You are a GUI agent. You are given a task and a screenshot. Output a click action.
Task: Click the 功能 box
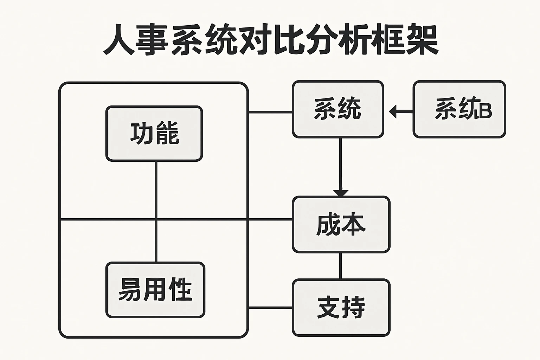pos(154,134)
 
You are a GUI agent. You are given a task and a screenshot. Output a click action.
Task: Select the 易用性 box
pos(155,290)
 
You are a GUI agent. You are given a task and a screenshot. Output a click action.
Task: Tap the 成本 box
pos(341,224)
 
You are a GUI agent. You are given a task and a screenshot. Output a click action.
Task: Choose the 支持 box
pos(341,308)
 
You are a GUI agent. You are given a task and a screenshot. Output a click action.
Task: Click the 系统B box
pos(459,109)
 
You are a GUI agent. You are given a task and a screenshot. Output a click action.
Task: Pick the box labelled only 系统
pos(338,109)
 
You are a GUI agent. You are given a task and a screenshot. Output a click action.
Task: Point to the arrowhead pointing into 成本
pos(341,193)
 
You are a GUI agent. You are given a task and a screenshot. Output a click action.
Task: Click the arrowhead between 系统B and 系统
pos(393,112)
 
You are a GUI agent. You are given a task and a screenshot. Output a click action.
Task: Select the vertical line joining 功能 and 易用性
pos(156,211)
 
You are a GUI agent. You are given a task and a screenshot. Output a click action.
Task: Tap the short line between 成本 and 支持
pos(340,266)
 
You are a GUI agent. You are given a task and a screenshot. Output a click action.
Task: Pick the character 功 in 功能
pos(142,134)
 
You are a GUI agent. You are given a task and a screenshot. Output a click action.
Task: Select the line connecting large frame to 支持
pos(270,308)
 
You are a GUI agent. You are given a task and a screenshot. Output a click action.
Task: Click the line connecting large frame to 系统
pos(270,112)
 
